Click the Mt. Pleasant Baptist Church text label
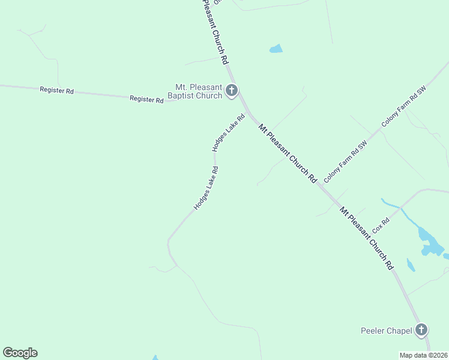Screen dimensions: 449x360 pos(198,91)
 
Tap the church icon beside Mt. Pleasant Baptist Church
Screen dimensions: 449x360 pos(232,91)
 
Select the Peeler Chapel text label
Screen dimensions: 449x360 pos(386,331)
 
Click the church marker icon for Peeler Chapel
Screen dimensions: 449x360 pos(421,329)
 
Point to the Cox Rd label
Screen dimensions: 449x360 pos(381,226)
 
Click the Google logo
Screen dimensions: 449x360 pos(20,353)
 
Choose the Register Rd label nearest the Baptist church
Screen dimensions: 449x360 pos(146,99)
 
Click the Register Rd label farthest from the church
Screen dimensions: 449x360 pos(56,91)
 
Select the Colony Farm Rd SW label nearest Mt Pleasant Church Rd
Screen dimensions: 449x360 pos(345,162)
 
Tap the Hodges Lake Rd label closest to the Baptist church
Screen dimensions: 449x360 pos(229,133)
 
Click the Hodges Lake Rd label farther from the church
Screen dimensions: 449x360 pos(205,188)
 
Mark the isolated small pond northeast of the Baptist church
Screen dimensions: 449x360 pos(276,49)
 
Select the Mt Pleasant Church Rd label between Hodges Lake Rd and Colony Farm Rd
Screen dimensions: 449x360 pos(288,153)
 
